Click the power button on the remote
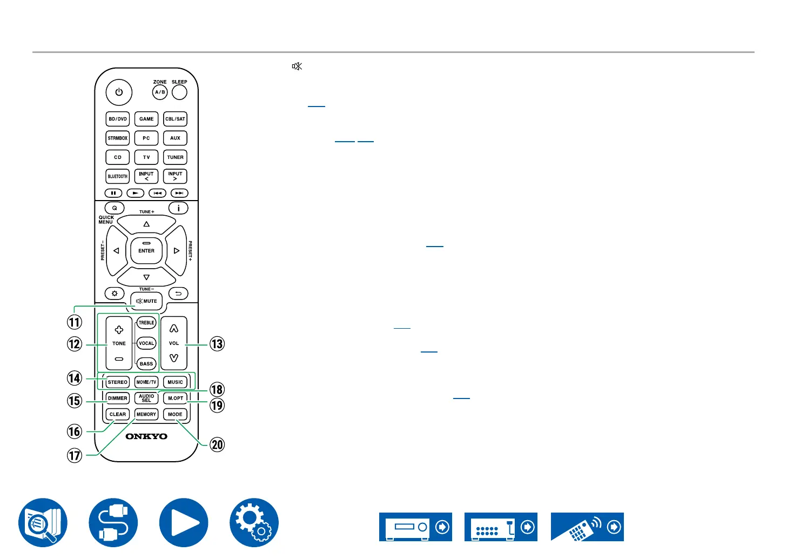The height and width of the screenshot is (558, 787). point(119,92)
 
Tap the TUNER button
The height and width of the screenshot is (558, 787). point(175,157)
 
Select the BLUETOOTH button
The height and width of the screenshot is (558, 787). point(118,176)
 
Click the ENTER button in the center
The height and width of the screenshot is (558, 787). point(146,251)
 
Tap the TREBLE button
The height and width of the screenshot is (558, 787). point(146,323)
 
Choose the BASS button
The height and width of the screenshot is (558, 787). point(146,364)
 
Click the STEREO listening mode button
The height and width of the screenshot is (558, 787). point(118,382)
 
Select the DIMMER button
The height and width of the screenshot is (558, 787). point(118,398)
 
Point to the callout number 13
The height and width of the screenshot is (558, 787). point(217,344)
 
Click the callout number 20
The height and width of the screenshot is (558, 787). point(217,444)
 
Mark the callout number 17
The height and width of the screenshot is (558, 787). point(75,455)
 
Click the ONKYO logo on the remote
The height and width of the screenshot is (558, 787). point(146,436)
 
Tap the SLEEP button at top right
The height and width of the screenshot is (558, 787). point(179,92)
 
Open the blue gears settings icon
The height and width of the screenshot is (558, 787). point(254,522)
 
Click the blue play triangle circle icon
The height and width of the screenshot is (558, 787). point(184,522)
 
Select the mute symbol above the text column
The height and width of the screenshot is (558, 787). point(297,67)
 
